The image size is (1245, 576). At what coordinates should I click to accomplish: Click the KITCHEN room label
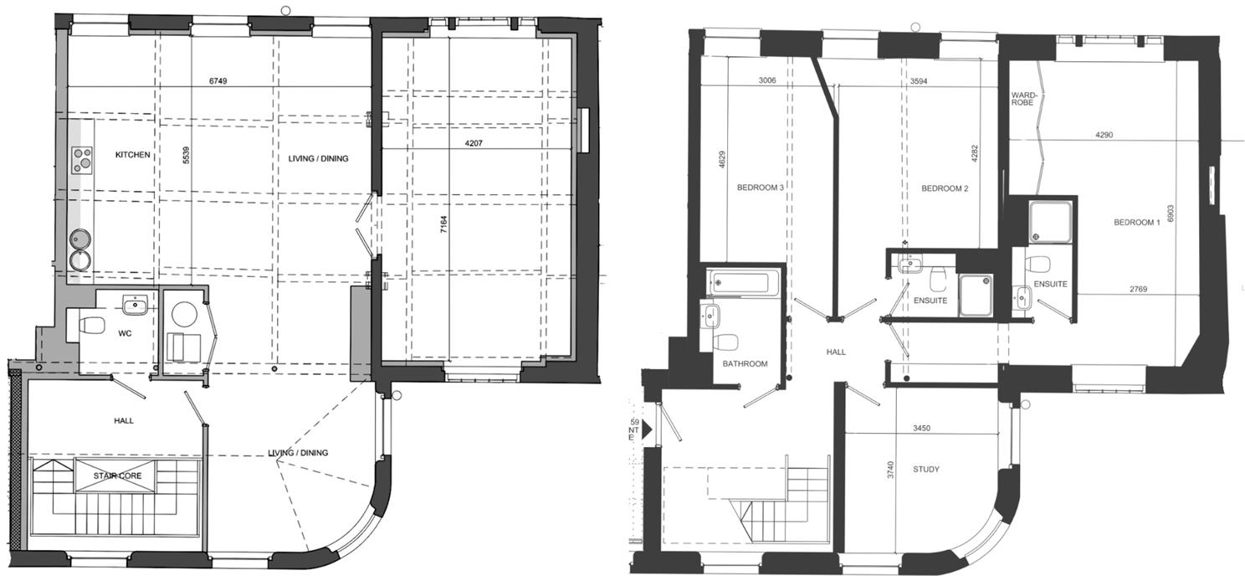click(x=133, y=155)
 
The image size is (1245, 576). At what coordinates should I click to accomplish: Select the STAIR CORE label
click(x=116, y=476)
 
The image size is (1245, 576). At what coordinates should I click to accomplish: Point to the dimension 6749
click(x=219, y=81)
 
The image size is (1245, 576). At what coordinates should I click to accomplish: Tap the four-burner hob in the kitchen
click(x=83, y=159)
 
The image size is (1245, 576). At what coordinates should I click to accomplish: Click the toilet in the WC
click(x=90, y=324)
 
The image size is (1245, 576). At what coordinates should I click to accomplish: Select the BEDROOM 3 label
click(x=760, y=188)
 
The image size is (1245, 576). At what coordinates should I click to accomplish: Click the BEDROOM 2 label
click(x=945, y=188)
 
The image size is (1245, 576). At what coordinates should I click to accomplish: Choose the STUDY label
click(x=925, y=470)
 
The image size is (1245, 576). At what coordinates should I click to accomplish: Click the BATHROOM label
click(x=745, y=363)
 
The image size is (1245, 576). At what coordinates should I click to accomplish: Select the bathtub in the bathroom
click(x=744, y=282)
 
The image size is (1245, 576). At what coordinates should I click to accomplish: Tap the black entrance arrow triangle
click(x=646, y=429)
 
